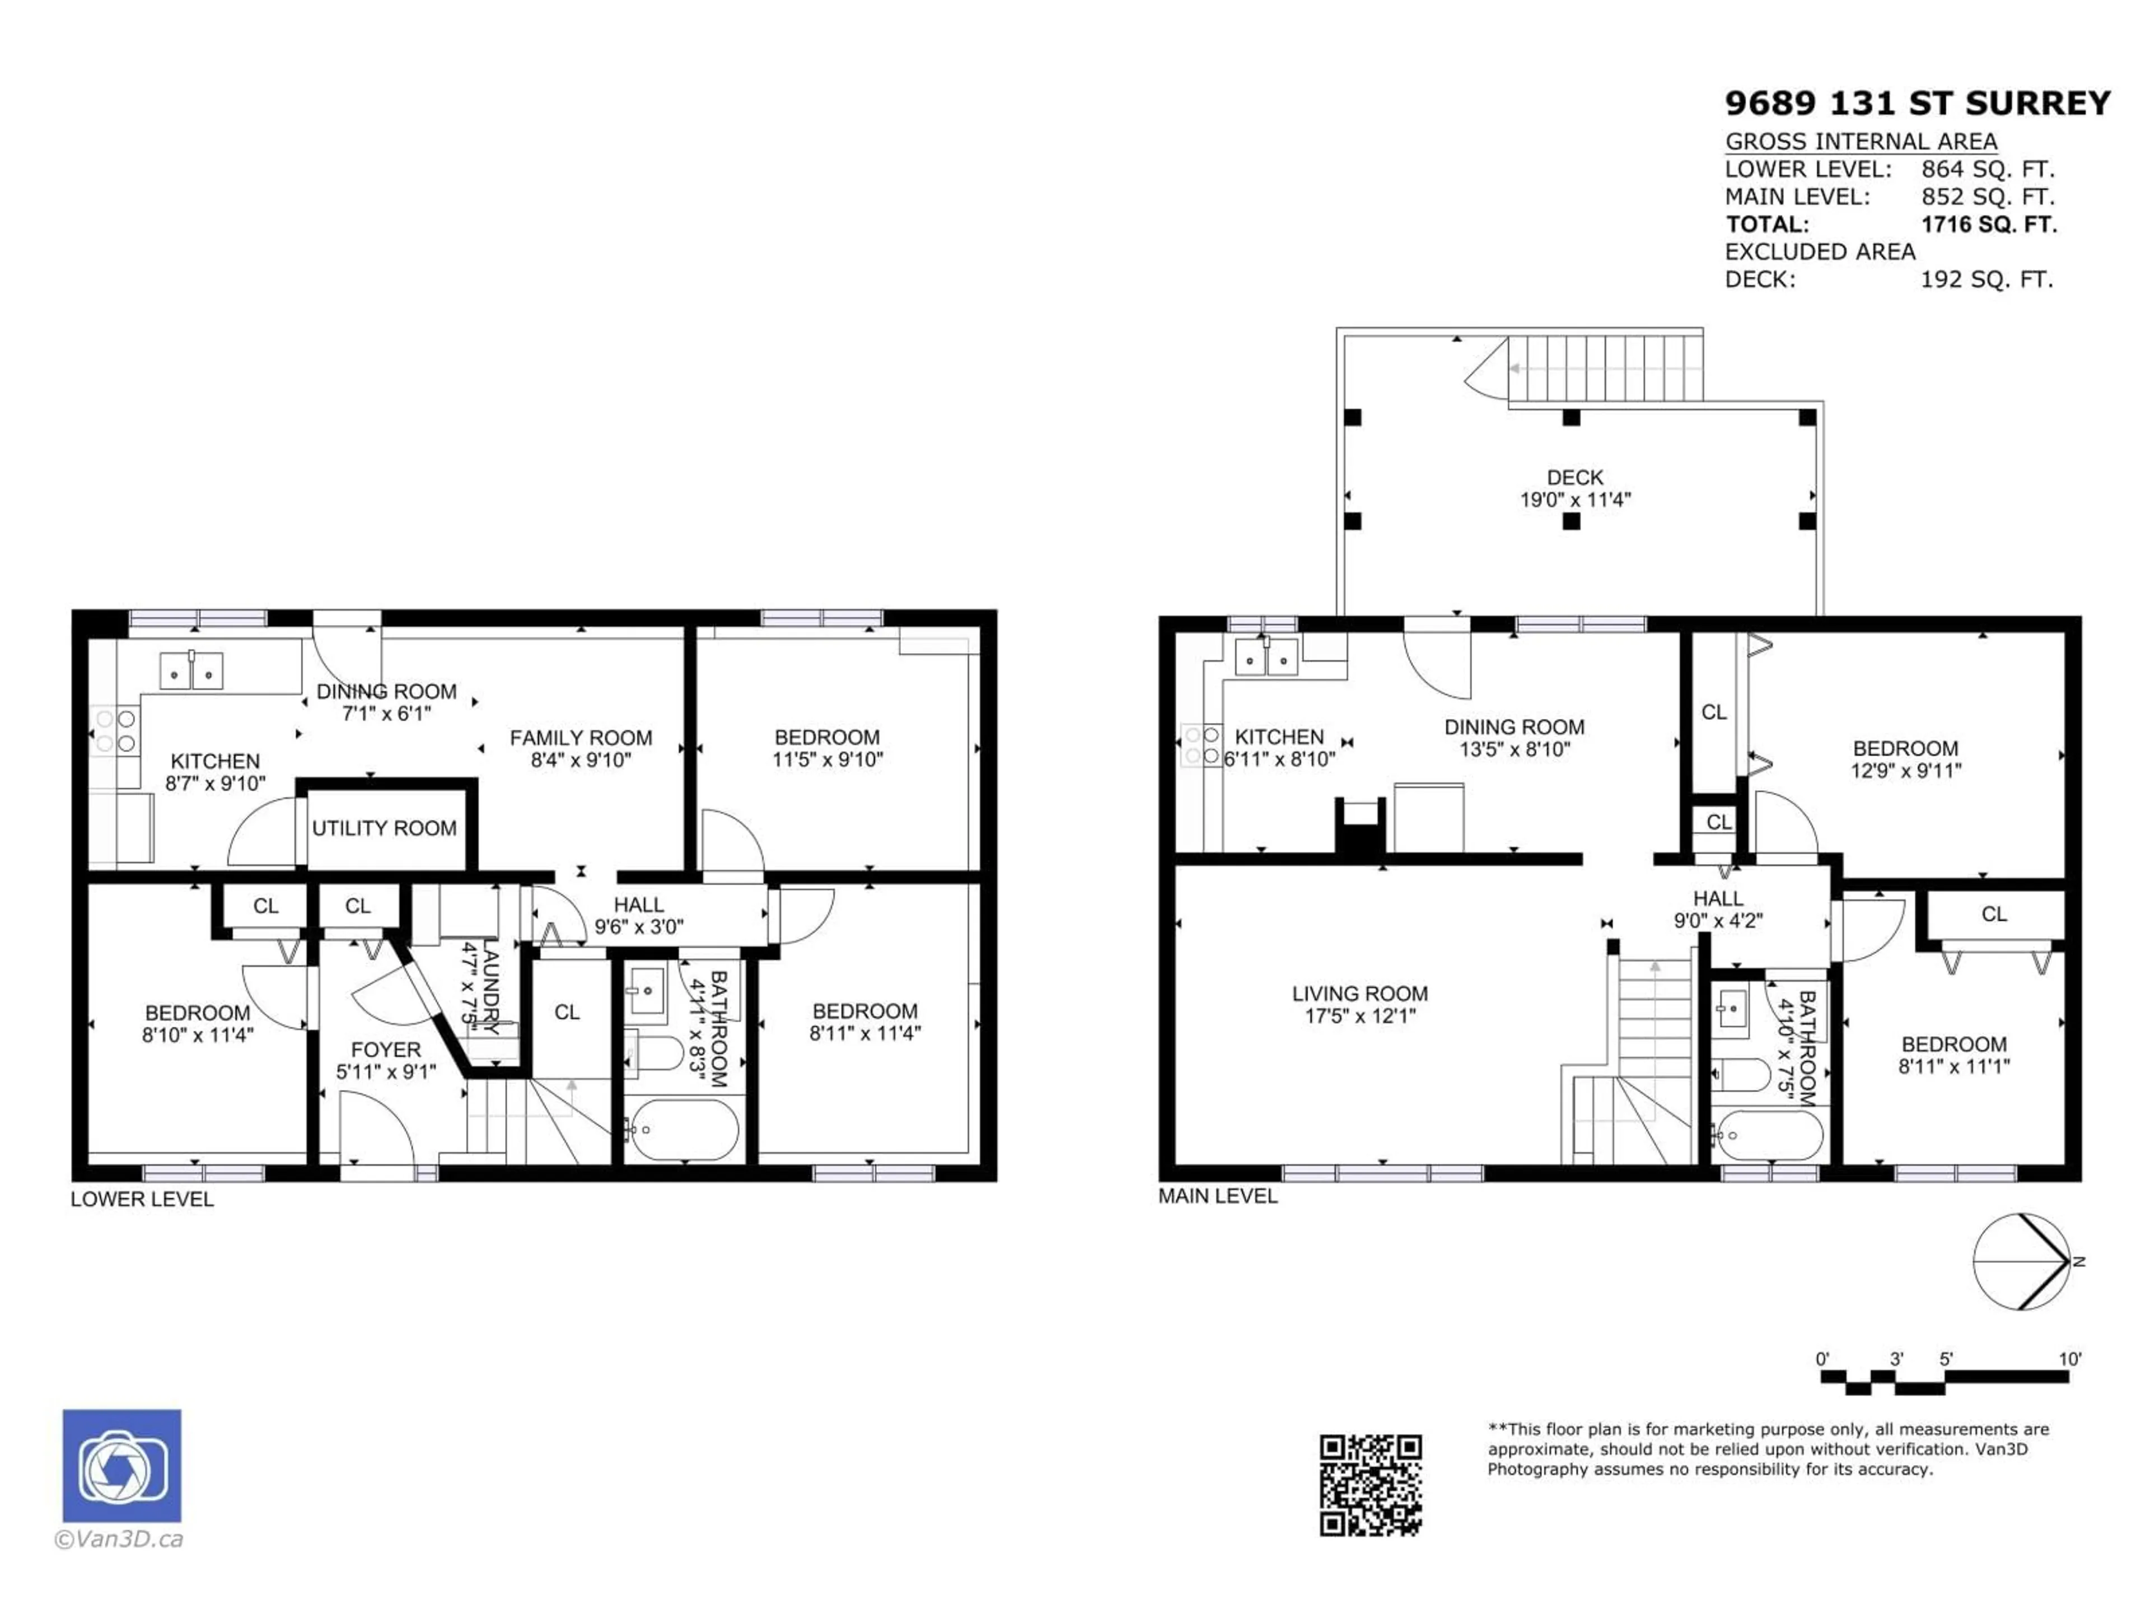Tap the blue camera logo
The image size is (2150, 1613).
point(121,1465)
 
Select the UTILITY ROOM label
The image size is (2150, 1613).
point(384,828)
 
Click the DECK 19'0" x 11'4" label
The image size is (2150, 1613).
point(1574,488)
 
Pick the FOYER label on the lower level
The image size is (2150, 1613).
point(386,1060)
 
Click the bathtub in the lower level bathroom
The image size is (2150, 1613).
point(680,1130)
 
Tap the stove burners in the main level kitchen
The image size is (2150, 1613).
point(1202,745)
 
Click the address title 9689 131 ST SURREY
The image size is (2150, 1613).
point(1917,103)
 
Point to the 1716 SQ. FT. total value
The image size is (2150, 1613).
point(1989,225)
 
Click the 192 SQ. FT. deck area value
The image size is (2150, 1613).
point(1987,280)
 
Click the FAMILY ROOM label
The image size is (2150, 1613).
point(580,749)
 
